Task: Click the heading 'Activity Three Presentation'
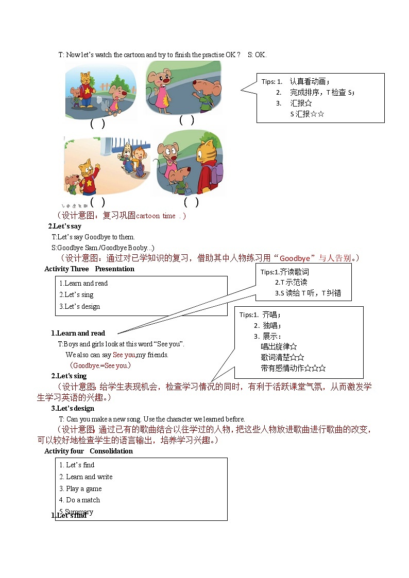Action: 89,269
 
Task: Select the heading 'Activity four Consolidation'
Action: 88,451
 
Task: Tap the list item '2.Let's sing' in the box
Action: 76,295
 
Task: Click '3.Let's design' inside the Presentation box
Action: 79,307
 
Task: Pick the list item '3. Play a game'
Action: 80,488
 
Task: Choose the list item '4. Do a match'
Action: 79,500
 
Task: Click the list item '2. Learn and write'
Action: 86,477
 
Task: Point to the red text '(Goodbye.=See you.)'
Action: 100,365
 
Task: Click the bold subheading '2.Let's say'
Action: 65,226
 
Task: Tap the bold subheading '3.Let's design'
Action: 73,408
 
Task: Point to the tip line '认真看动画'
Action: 309,81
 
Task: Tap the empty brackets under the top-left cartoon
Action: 97,124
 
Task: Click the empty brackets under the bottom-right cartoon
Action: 191,202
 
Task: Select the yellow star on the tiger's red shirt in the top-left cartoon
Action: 88,91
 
